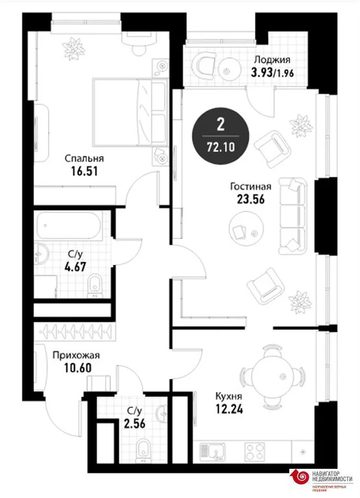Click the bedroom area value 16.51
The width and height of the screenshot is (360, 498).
point(84,171)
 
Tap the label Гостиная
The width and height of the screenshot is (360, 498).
point(250,186)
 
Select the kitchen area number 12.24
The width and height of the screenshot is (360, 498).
point(230,409)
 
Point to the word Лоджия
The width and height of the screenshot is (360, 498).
point(272,59)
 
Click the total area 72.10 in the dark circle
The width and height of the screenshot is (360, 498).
point(221,147)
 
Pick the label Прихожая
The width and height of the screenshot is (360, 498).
point(76,355)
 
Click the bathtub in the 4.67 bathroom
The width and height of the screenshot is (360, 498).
point(69,226)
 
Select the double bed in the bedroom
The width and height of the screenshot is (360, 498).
point(130,112)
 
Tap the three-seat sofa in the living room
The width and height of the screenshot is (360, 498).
point(293,216)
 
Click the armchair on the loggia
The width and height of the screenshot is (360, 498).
point(204,66)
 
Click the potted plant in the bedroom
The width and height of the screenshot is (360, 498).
point(74,49)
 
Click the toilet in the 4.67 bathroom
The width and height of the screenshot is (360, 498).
point(95,286)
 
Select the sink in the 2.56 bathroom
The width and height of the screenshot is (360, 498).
point(162,414)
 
